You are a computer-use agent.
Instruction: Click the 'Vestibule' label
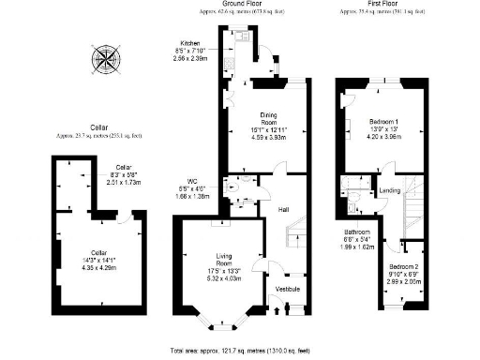tap(287, 288)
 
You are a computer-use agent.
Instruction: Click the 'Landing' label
tap(390, 192)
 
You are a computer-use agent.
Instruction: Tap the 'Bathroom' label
tap(355, 232)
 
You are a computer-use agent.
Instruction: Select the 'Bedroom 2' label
tap(405, 267)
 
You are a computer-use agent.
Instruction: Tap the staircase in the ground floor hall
tap(294, 230)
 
